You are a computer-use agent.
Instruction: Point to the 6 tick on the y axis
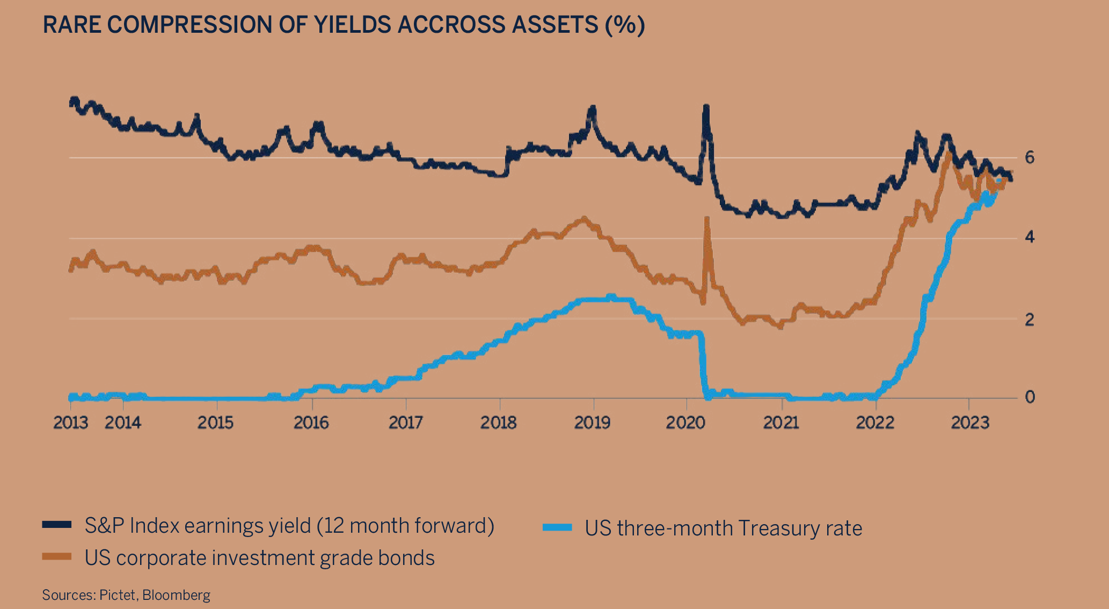tap(1030, 157)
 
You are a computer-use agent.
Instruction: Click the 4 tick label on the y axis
tap(1030, 237)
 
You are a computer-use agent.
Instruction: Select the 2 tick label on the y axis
tap(1030, 319)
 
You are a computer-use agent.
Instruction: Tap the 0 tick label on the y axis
tap(1030, 397)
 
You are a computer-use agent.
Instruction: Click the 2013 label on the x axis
tap(70, 423)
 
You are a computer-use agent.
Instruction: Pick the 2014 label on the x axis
tap(122, 423)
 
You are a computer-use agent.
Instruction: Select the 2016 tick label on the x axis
tap(311, 423)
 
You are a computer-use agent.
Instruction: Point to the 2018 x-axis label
tap(498, 423)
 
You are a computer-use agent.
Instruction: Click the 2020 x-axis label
tap(685, 423)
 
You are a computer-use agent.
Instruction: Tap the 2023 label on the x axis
tap(969, 423)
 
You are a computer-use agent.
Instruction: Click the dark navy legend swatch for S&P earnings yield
tap(57, 525)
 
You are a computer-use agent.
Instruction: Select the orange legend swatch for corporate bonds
tap(57, 556)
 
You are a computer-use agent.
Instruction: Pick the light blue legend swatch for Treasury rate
tap(557, 527)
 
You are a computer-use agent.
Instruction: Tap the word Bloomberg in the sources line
tap(176, 595)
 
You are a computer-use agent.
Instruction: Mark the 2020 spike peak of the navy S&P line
tap(706, 107)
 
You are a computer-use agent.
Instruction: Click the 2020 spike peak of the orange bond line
tap(706, 219)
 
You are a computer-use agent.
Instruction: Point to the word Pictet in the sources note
tap(118, 595)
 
